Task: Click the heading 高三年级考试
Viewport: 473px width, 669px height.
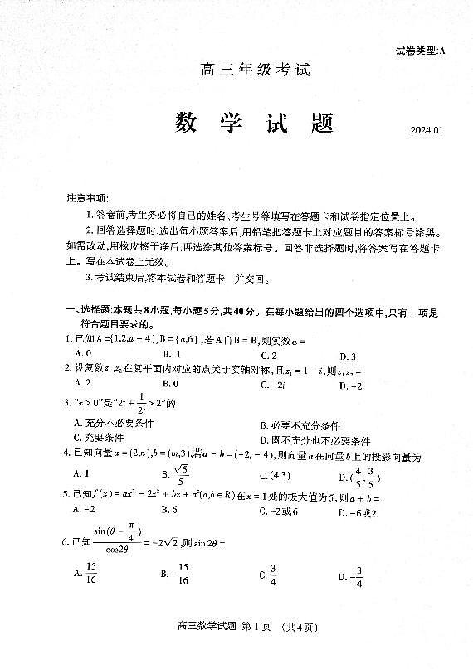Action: point(255,70)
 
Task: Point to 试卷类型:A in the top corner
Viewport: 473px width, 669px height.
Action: point(421,51)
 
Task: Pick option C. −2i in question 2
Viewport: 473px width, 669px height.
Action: point(274,384)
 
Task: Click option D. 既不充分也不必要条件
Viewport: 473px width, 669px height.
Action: point(315,440)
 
